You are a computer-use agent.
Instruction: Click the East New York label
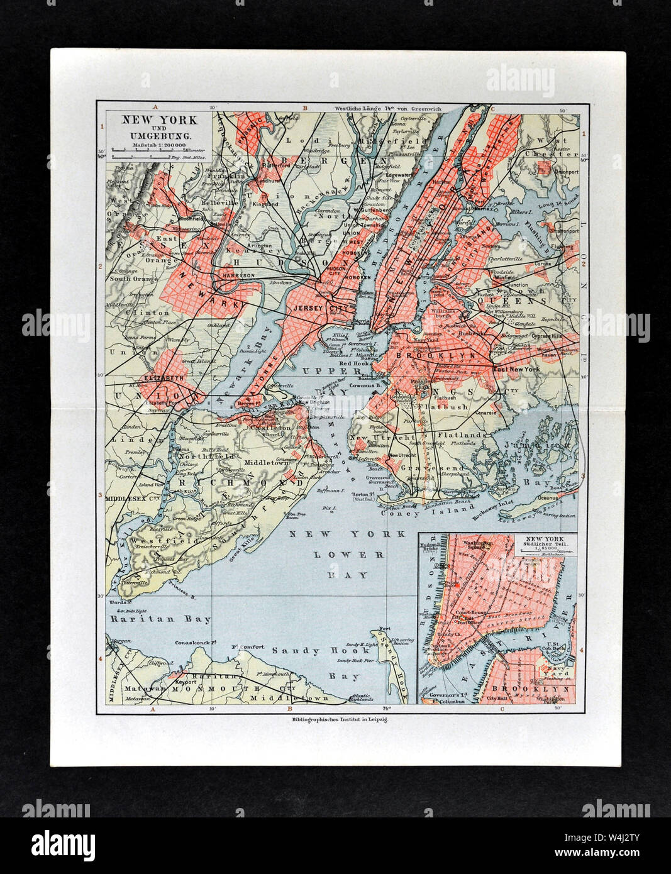517,369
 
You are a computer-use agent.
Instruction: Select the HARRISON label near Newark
236,275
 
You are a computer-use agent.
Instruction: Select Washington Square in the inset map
481,539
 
